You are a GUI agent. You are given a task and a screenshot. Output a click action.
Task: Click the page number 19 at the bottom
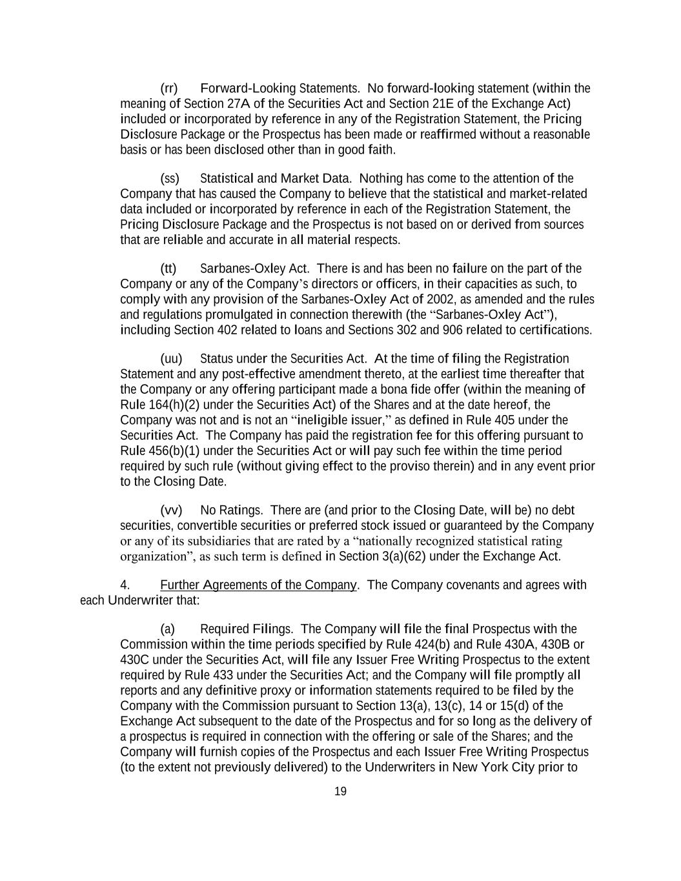coord(341,791)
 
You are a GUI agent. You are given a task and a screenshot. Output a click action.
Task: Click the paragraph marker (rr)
coord(168,88)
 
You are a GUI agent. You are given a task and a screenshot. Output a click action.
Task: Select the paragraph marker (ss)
coord(169,178)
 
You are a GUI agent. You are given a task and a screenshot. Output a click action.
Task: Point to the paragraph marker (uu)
coord(171,358)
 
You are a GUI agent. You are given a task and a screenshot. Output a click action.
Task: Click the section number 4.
coord(125,585)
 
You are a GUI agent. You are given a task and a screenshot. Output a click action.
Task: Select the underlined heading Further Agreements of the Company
coord(258,585)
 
